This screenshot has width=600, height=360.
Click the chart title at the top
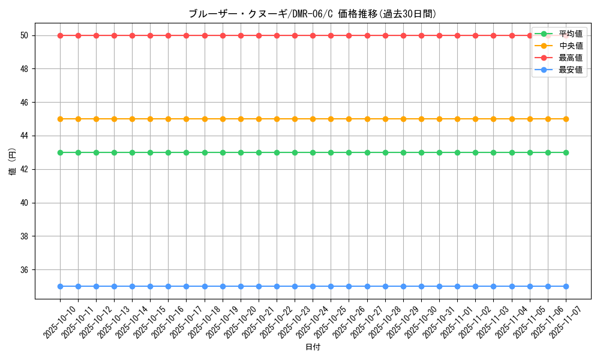click(313, 14)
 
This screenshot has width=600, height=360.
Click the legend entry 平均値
click(570, 34)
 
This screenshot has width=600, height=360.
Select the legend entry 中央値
click(570, 46)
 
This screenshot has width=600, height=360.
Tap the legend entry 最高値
click(570, 58)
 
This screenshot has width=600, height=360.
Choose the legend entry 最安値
click(570, 70)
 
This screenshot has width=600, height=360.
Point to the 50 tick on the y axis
click(25, 35)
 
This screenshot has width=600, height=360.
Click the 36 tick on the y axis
click(25, 270)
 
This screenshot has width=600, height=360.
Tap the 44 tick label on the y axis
click(25, 136)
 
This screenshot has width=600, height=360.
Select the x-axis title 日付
click(313, 347)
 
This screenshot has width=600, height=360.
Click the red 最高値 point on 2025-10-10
click(60, 35)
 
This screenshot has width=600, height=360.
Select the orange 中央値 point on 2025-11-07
click(566, 119)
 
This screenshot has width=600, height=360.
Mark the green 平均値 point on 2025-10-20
click(241, 152)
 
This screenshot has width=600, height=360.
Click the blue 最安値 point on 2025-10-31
click(439, 286)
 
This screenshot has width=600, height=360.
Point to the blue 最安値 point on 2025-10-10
click(60, 286)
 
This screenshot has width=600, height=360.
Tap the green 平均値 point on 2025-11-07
click(566, 152)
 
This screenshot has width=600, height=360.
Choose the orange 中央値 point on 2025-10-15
click(150, 119)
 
